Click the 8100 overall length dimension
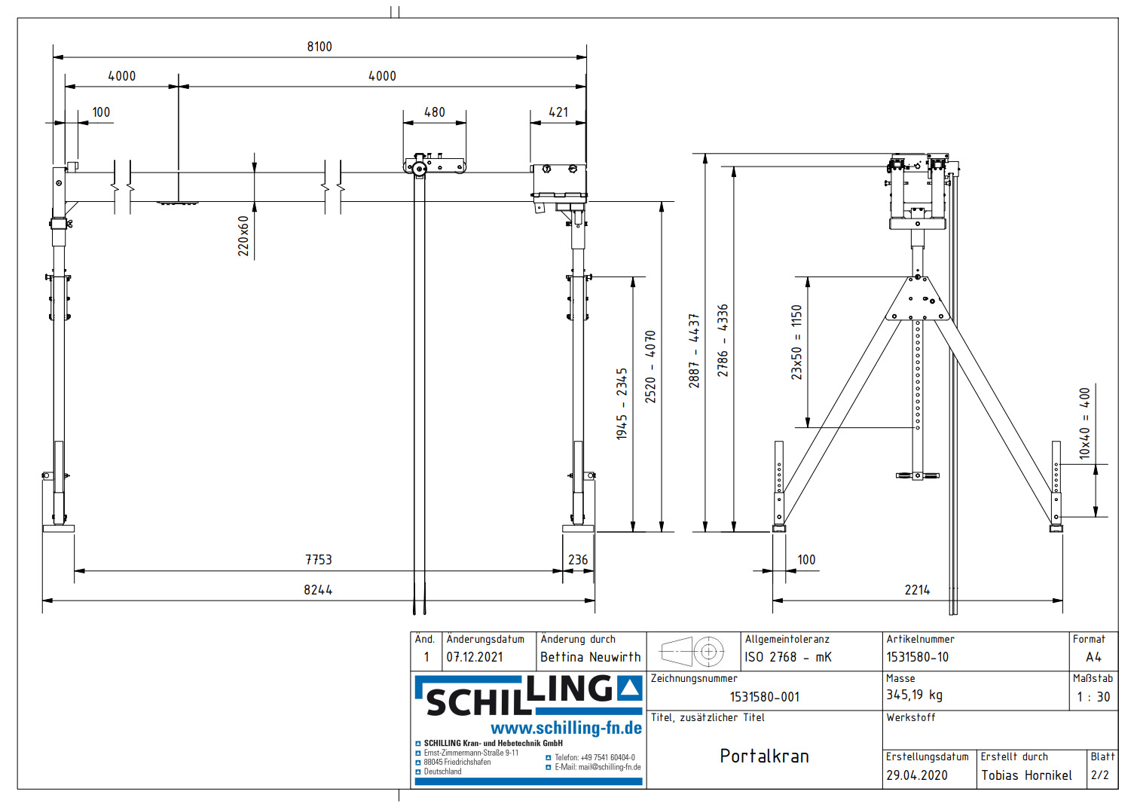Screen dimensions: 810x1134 click(319, 47)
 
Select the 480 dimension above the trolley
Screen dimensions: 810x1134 click(435, 112)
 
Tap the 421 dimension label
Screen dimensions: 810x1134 click(558, 112)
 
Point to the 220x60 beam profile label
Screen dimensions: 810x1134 click(243, 236)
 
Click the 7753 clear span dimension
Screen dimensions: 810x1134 click(319, 560)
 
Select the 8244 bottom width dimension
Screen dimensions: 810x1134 click(318, 590)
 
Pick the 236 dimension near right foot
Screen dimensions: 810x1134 click(578, 560)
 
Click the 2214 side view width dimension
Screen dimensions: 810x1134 click(917, 590)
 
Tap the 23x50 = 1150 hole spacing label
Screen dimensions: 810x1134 click(796, 341)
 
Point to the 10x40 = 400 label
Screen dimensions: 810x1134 click(1084, 423)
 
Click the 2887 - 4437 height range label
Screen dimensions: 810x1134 click(694, 351)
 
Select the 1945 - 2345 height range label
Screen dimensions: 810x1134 click(622, 404)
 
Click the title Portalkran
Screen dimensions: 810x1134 click(764, 756)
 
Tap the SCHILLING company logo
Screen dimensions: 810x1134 click(528, 695)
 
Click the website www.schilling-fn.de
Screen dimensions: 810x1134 click(566, 728)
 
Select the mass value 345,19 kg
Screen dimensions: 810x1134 click(914, 695)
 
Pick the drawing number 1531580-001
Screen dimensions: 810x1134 click(764, 697)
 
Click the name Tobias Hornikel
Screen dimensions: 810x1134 click(1026, 775)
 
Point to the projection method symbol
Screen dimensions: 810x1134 click(692, 651)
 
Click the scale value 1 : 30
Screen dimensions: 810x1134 click(1093, 697)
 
